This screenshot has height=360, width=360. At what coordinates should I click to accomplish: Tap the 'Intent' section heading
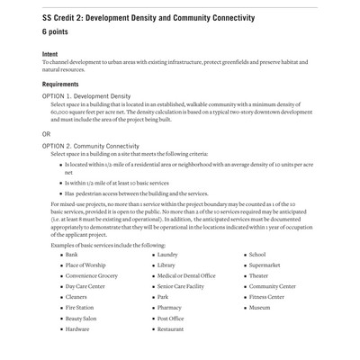(50, 54)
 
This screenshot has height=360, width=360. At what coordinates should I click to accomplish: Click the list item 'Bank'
(71, 255)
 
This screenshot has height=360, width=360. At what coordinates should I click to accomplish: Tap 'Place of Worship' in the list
(85, 265)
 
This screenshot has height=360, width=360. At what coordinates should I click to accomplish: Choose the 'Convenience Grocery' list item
(91, 275)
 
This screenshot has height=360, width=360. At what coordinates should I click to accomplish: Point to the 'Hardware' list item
(76, 329)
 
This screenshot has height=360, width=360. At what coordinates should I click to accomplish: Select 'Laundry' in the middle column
(167, 255)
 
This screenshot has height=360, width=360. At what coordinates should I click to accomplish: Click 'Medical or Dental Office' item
(185, 275)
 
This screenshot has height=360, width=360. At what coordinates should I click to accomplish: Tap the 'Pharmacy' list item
(169, 308)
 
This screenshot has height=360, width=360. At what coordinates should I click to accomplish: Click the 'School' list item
(257, 255)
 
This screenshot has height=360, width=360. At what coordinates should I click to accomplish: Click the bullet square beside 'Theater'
(244, 276)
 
